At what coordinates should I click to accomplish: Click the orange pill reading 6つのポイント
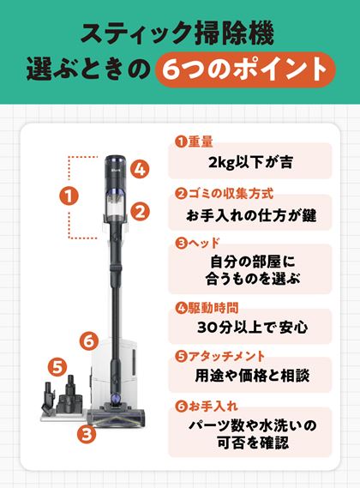point(245,69)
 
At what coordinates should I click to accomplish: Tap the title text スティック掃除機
point(177,33)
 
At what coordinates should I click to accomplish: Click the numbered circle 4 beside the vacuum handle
point(140,169)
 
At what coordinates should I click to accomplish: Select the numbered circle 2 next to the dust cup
point(140,212)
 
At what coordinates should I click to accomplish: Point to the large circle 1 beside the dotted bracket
point(69,196)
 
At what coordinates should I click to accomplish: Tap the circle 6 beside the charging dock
point(89,341)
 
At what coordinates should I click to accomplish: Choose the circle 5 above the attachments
point(57,367)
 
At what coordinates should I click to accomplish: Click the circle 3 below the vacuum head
point(87,433)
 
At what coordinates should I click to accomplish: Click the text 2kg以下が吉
point(250,163)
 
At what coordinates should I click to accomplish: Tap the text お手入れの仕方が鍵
point(251,215)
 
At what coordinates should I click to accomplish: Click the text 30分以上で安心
point(253,327)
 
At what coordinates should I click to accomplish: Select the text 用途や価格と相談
point(252,376)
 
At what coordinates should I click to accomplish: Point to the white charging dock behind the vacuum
point(115,372)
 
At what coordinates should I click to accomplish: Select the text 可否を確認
point(253,443)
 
